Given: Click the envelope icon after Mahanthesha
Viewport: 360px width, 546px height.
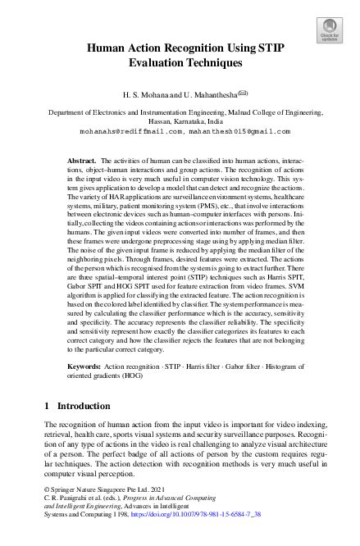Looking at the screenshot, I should (x=237, y=94).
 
